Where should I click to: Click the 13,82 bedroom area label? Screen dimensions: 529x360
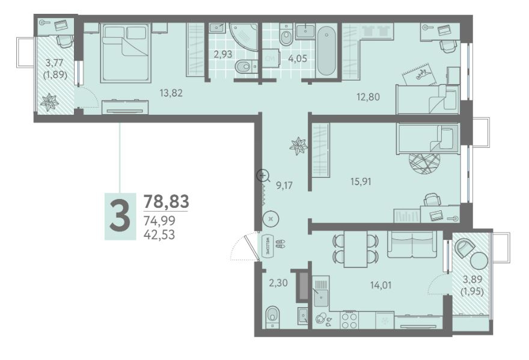(171, 93)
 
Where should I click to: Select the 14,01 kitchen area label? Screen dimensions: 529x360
(381, 285)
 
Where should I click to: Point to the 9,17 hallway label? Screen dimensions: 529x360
(284, 185)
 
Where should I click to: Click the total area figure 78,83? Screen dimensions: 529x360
(167, 201)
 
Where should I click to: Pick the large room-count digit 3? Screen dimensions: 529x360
(120, 216)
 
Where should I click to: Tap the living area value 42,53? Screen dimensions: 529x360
(159, 234)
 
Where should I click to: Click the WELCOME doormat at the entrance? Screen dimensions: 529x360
(266, 244)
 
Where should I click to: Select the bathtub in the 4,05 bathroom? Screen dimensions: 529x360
(326, 51)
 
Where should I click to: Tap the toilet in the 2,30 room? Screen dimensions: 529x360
(272, 317)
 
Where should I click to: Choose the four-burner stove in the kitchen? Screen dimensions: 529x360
(349, 320)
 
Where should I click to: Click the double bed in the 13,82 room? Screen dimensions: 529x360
(125, 52)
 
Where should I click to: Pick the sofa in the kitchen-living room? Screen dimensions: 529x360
(412, 244)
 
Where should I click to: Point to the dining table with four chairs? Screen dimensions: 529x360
(356, 249)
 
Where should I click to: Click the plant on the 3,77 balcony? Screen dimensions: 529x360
(49, 102)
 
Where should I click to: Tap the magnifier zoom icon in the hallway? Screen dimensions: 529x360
(263, 175)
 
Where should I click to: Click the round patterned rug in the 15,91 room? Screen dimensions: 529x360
(425, 163)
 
